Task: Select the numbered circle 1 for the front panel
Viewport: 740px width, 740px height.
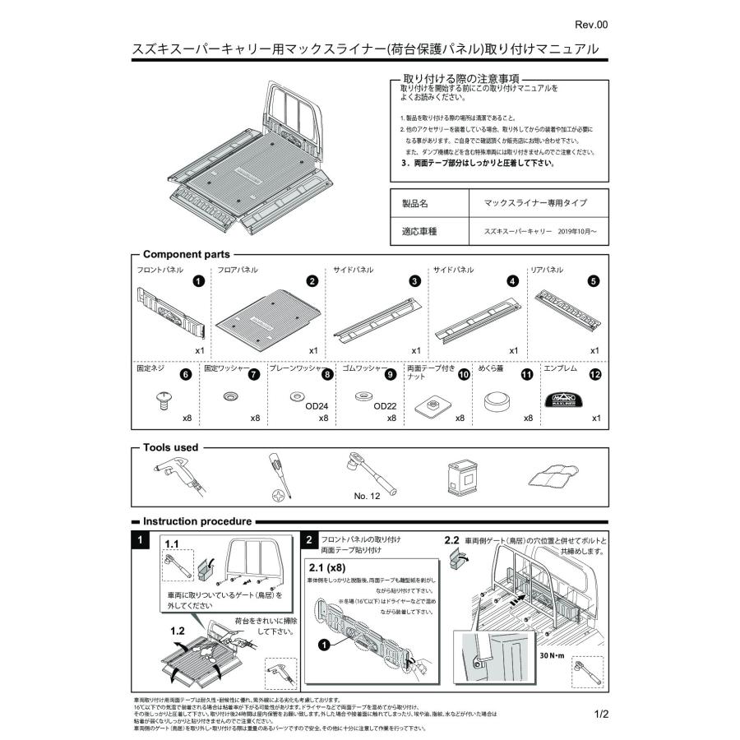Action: [198, 280]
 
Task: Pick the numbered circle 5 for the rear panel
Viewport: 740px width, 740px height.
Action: [593, 280]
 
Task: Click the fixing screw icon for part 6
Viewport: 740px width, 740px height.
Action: [163, 400]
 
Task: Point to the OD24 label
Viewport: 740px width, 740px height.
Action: [317, 405]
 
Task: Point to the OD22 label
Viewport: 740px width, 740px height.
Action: [385, 405]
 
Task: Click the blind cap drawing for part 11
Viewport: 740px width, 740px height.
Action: [497, 401]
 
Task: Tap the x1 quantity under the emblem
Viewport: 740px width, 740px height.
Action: [595, 419]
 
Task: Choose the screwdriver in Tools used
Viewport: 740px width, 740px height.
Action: [275, 477]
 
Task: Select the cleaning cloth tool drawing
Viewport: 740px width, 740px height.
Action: [548, 478]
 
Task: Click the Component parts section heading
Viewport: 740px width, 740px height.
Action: [187, 255]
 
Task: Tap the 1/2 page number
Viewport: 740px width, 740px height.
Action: [599, 715]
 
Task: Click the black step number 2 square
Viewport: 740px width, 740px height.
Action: [308, 540]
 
